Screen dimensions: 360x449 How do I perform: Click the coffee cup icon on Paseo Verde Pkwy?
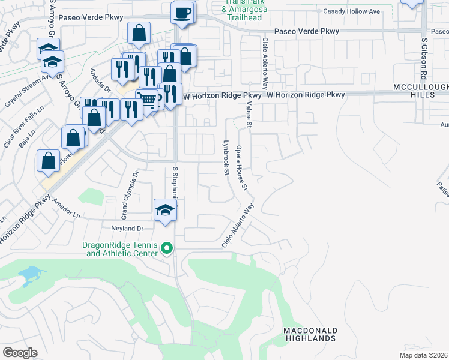click(x=182, y=12)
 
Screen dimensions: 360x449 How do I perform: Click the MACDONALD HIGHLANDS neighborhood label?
click(x=310, y=334)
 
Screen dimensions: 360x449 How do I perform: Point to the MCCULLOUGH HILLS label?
click(x=420, y=91)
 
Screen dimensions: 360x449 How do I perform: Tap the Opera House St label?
click(x=242, y=167)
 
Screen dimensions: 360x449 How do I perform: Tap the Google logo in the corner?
click(x=19, y=353)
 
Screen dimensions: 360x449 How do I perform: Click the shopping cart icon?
click(x=146, y=100)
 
